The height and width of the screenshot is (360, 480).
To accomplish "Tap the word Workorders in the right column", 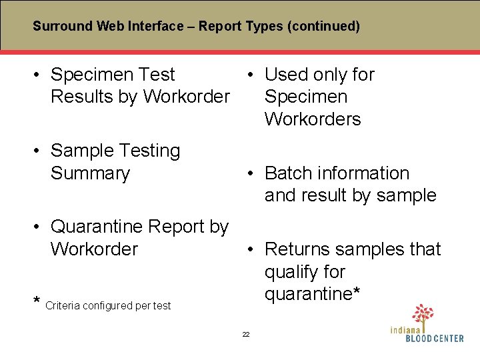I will pos(313,119).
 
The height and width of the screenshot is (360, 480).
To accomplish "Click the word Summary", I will pos(90,173).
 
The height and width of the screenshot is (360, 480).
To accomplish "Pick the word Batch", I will pos(289,173).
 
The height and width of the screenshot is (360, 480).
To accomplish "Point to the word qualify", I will pos(293,272).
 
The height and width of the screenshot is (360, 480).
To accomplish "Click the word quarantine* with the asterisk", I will pos(313,294).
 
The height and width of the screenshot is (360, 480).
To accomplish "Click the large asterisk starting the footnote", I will pos(37,303).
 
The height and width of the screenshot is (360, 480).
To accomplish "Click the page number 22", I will pos(245,334).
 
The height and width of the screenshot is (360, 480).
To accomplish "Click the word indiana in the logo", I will pos(406,329).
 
